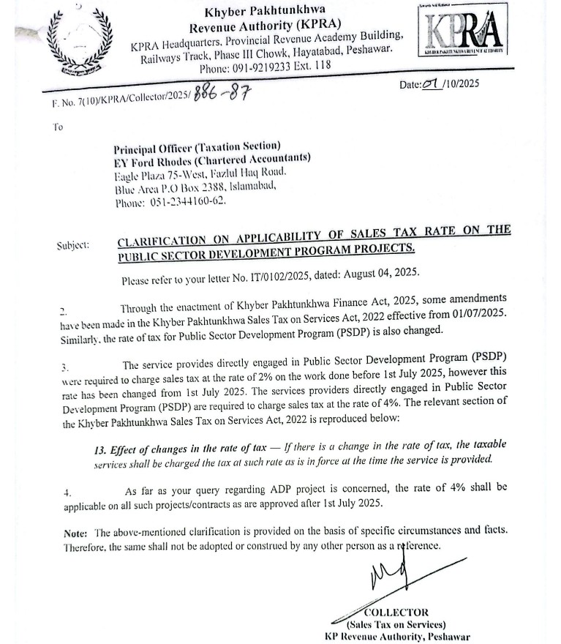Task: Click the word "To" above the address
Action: pos(58,126)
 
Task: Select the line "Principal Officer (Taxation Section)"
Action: pos(197,146)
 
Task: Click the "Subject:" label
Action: pos(72,244)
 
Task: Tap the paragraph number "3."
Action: pos(64,366)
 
